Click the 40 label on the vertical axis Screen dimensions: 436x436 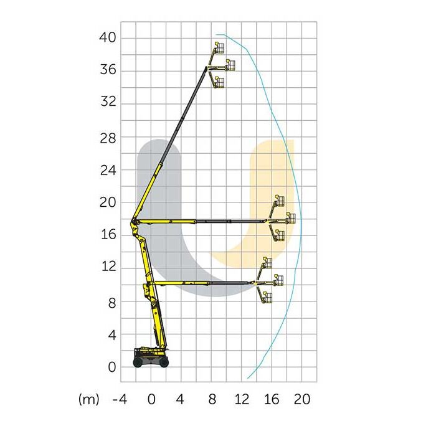(107, 37)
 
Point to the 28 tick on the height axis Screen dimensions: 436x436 (108, 138)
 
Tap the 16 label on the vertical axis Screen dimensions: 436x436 (108, 235)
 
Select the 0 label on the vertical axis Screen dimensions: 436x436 (111, 367)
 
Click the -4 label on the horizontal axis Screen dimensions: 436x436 (120, 399)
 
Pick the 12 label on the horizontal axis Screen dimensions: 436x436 (242, 399)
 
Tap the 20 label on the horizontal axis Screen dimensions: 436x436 (302, 399)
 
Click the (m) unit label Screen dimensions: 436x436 (88, 400)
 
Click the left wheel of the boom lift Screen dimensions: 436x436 (138, 363)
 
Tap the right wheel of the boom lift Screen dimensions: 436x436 (164, 363)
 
